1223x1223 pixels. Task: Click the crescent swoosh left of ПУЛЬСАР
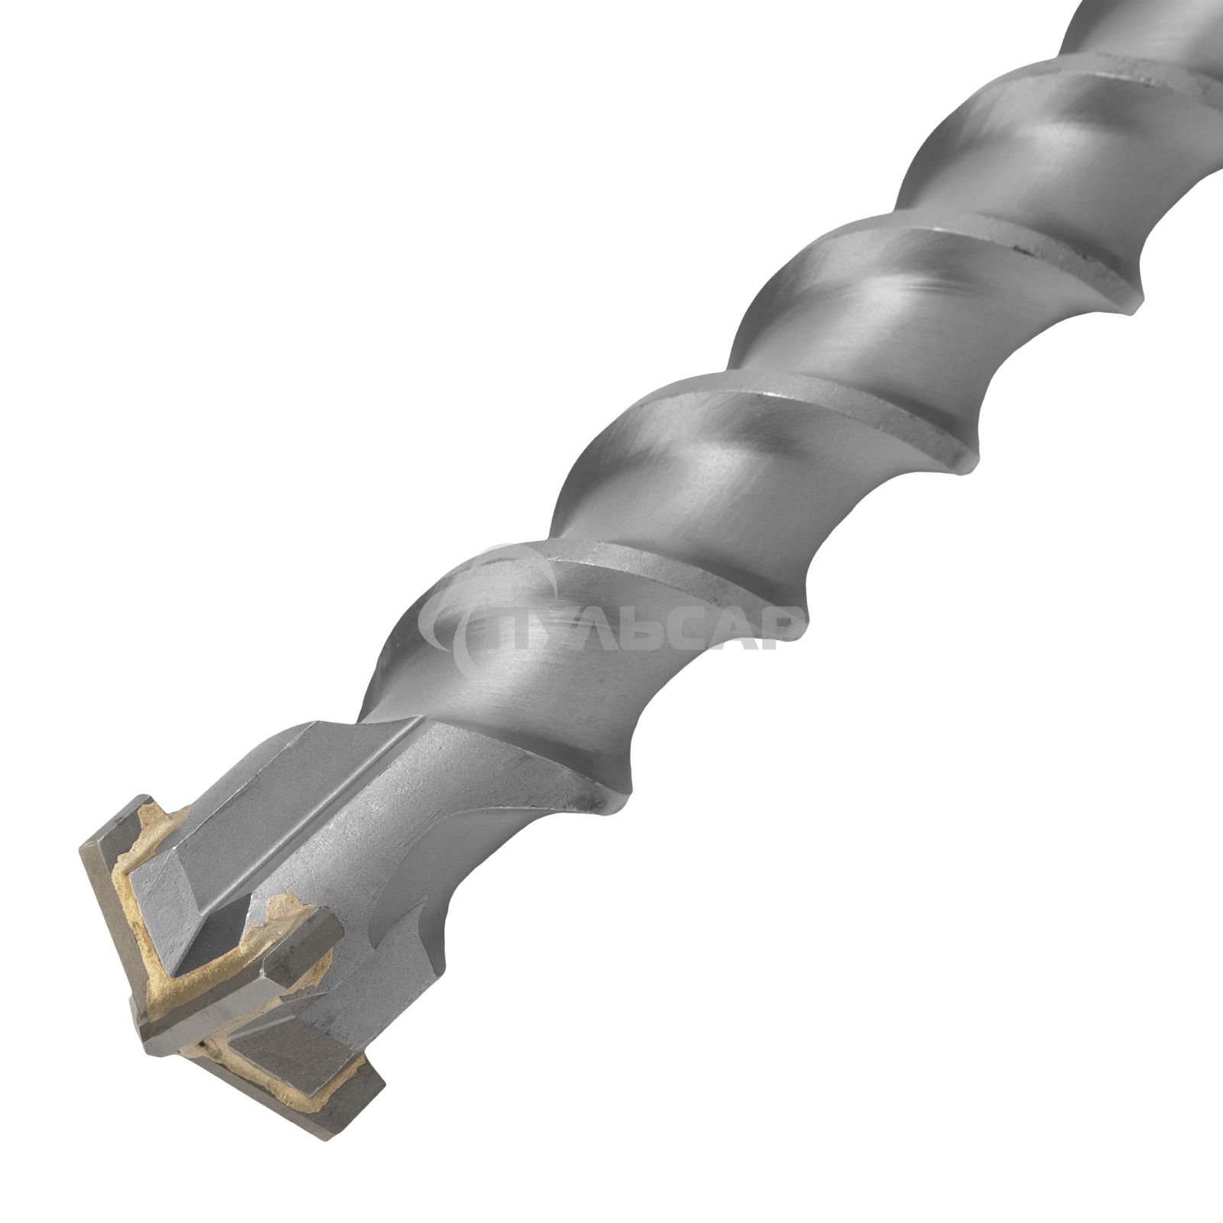(459, 604)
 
